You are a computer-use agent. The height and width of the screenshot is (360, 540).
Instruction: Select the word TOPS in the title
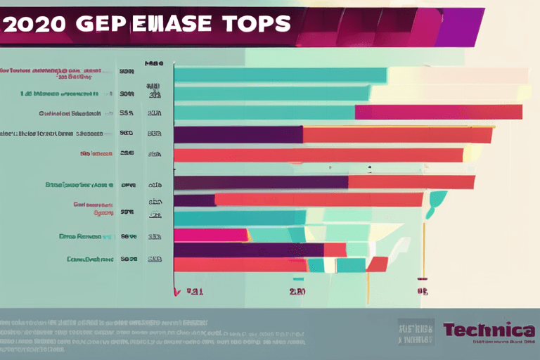[257, 24]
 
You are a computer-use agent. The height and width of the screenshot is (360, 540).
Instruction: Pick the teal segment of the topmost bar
[280, 75]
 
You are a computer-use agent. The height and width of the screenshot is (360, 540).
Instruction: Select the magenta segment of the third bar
[438, 112]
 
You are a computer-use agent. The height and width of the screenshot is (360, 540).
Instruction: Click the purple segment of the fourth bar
[238, 134]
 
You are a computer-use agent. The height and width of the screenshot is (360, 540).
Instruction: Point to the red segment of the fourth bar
[397, 134]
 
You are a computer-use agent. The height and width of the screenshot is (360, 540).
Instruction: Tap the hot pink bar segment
[211, 235]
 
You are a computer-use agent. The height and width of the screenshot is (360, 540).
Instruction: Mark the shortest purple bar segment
[194, 200]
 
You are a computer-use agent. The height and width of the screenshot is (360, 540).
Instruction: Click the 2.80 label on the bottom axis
[297, 290]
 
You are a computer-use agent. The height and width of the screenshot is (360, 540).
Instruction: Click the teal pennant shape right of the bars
[436, 200]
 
